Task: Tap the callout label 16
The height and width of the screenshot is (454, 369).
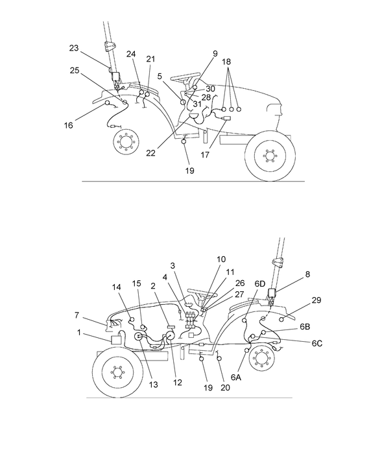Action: (69, 125)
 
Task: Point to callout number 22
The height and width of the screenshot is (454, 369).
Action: (150, 153)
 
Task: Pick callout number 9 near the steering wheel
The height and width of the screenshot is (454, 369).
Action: (215, 53)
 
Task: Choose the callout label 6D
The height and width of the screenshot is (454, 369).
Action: (259, 283)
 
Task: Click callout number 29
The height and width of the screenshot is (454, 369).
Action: (316, 300)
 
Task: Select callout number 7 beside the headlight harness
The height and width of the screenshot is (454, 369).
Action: (78, 315)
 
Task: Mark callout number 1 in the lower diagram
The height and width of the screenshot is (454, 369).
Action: (79, 332)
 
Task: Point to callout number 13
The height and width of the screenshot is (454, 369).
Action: (153, 385)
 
